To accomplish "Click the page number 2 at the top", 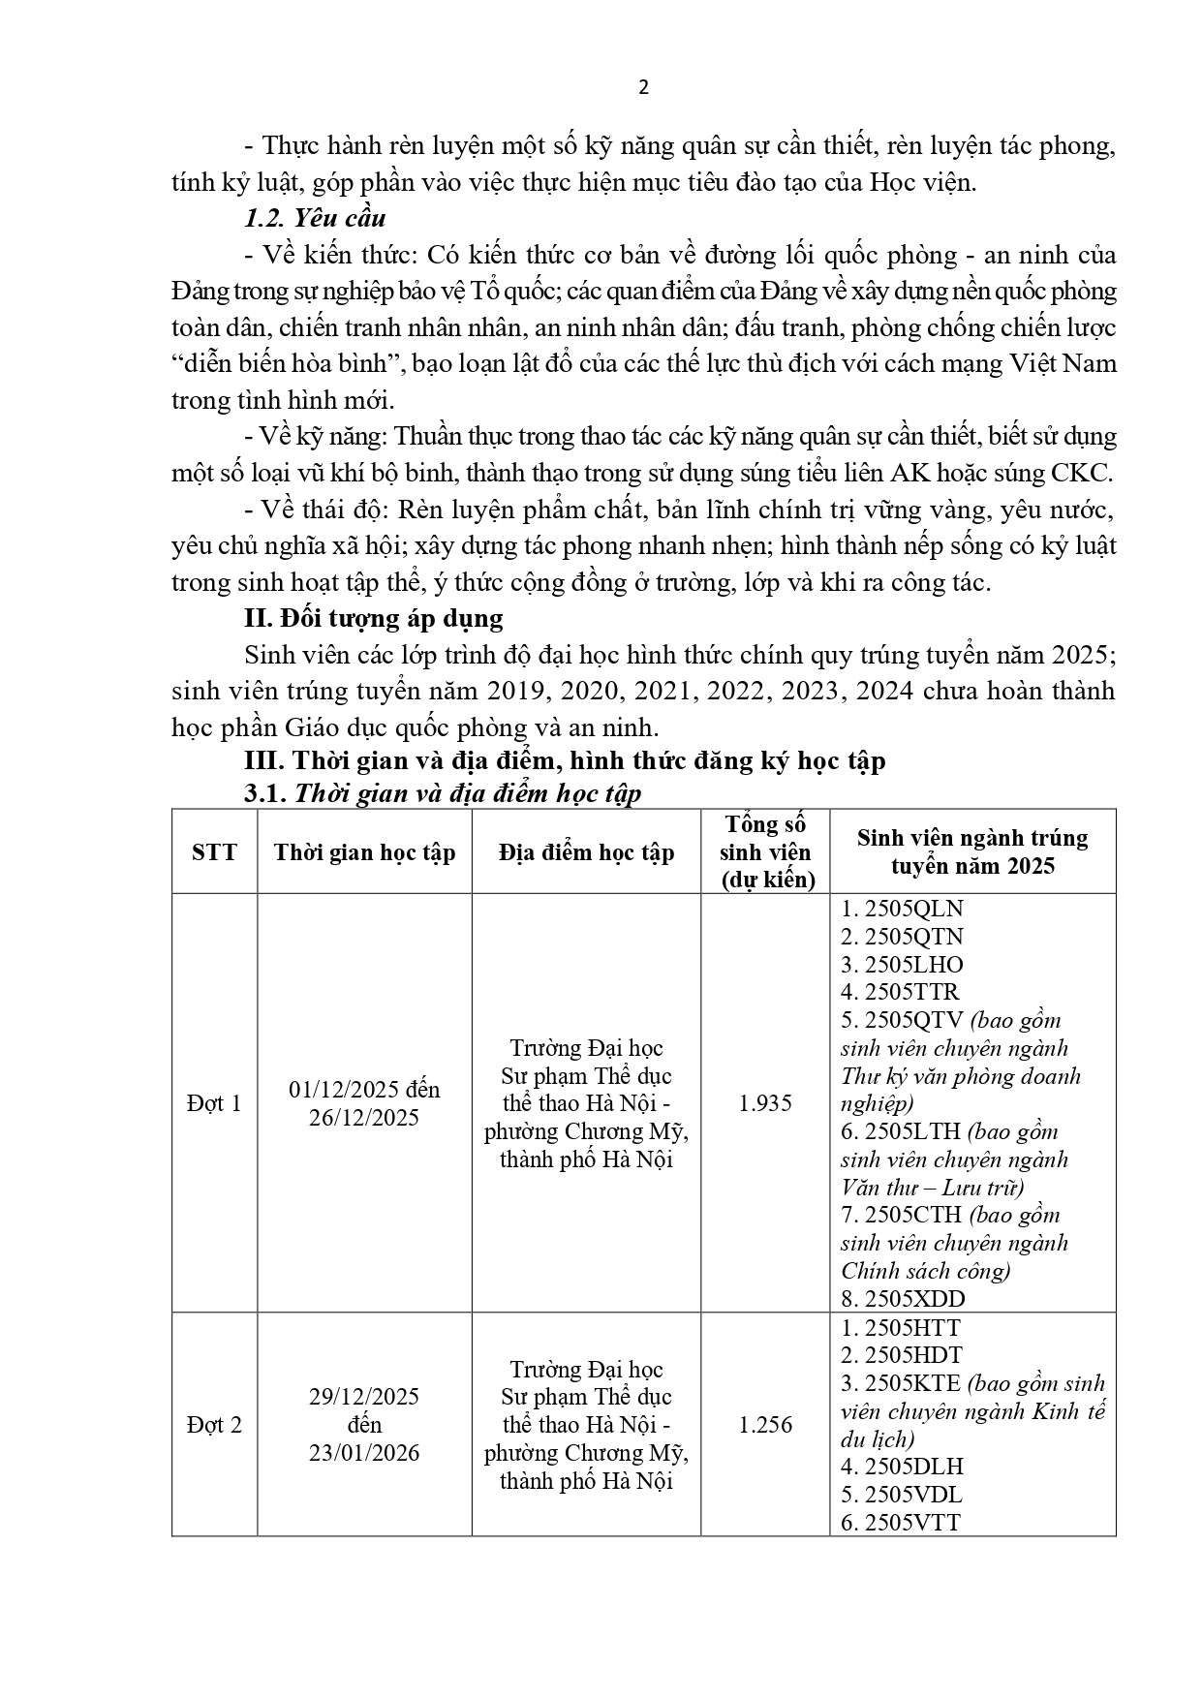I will point(644,88).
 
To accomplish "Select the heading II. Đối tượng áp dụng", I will point(373,618).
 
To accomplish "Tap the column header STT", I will point(214,852).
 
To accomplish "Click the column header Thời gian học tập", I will point(364,852).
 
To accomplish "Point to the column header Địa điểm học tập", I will point(586,852).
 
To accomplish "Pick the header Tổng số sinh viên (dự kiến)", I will point(765,851).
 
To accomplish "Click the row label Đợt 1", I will point(214,1103).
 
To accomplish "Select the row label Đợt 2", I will point(214,1425).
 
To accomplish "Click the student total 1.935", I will point(765,1103).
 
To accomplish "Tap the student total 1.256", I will point(765,1425).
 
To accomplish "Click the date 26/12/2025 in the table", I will point(364,1118).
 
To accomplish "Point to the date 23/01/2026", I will point(364,1453).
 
